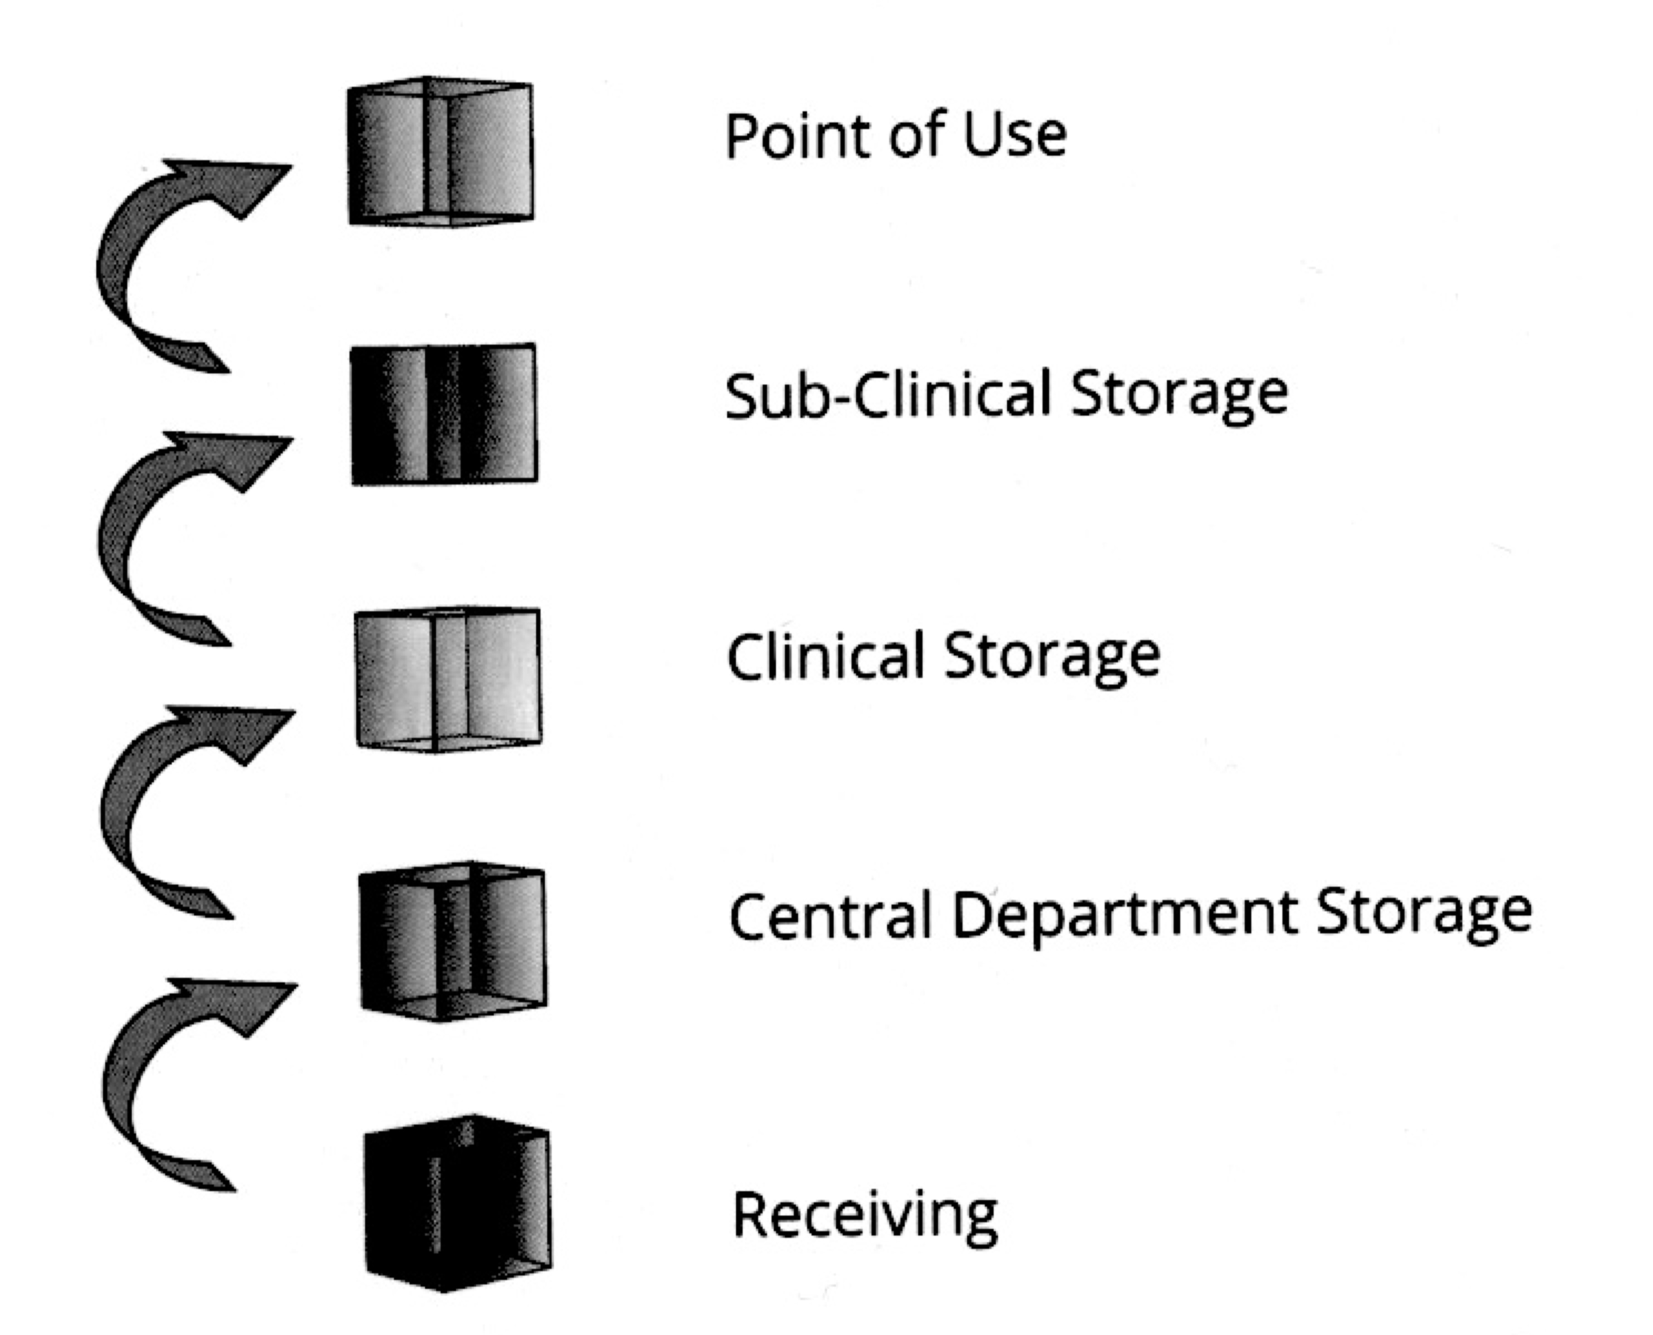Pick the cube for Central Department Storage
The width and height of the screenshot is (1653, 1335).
point(453,941)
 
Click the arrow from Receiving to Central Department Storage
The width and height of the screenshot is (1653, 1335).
point(146,1077)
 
